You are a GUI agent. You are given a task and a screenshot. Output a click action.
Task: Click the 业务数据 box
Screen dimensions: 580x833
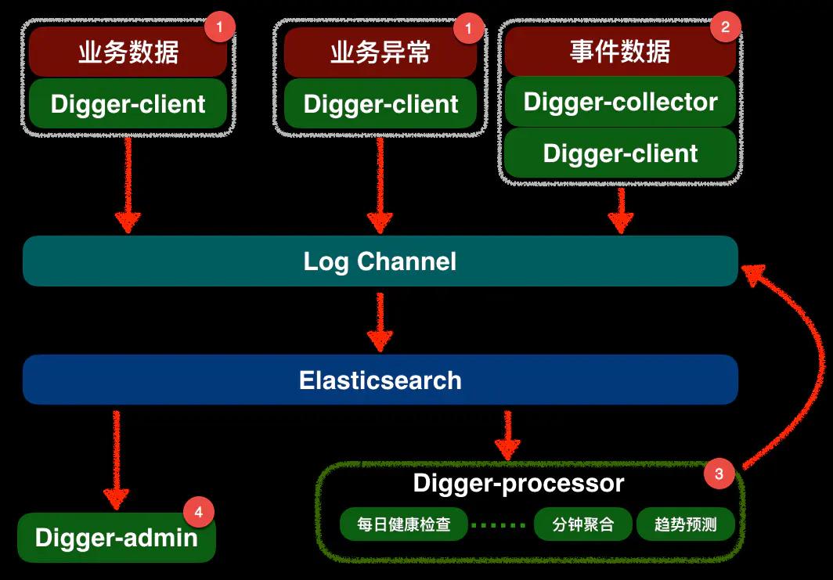(128, 52)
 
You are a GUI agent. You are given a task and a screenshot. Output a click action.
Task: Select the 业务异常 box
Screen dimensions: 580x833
(380, 52)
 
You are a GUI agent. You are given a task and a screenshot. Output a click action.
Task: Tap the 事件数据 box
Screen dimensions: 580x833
(620, 52)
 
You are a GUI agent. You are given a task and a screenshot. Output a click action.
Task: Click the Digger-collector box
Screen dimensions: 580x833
(620, 102)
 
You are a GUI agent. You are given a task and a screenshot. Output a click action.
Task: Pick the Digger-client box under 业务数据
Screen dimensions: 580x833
(128, 104)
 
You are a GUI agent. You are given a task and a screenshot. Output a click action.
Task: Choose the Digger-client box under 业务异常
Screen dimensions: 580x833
(380, 104)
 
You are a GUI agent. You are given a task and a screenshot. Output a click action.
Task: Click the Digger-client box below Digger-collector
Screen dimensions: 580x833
(620, 153)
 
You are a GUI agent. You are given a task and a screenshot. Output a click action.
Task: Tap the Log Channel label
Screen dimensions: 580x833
(380, 261)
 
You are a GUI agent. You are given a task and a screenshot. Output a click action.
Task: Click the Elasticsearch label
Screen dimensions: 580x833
(380, 380)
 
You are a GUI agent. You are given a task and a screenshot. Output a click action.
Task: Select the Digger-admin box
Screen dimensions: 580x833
(116, 538)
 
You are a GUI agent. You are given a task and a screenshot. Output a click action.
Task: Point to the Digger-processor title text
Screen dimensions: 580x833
(518, 483)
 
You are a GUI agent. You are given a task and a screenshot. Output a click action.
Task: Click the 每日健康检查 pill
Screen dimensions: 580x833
(404, 524)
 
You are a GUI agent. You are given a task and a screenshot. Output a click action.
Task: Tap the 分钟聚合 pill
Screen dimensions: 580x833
(582, 524)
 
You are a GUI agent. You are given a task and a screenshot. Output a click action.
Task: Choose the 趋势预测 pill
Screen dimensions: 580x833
(686, 524)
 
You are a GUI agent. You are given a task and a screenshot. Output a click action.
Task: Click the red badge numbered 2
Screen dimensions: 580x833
(725, 27)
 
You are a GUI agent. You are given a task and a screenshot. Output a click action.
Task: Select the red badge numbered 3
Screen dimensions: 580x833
(719, 474)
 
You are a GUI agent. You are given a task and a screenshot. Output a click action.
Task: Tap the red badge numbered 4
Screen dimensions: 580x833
(198, 513)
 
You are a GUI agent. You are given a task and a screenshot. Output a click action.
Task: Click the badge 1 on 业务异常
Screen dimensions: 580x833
(469, 29)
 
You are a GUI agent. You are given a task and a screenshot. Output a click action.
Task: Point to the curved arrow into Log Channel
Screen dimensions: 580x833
(806, 352)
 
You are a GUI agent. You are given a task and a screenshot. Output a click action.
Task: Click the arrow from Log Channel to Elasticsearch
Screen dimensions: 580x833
(380, 321)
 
